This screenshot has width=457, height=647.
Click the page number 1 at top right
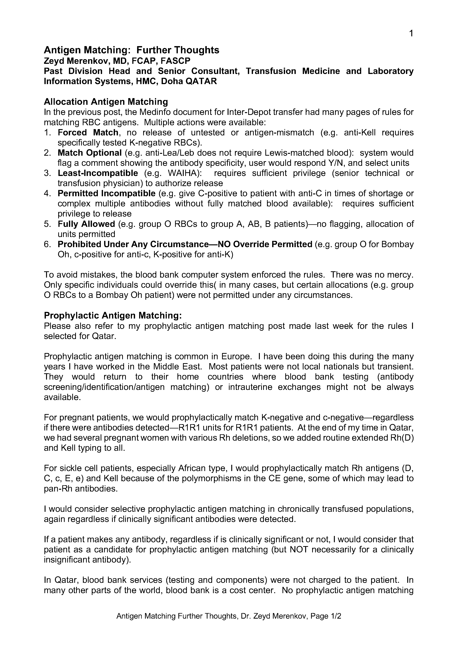click(411, 34)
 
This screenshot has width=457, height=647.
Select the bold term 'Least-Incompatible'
click(98, 173)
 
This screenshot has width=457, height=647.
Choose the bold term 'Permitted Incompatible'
click(107, 193)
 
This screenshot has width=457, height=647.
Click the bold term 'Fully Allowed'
click(86, 224)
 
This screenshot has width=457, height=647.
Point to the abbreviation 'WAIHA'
click(183, 173)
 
